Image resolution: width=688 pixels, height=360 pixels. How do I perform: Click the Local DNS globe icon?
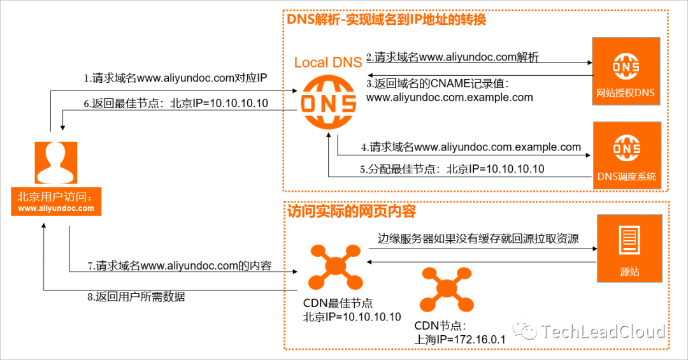pyautogui.click(x=327, y=103)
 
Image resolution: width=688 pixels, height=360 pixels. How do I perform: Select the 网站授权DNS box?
pyautogui.click(x=625, y=71)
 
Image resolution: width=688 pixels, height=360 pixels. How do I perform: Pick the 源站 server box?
pyautogui.click(x=629, y=248)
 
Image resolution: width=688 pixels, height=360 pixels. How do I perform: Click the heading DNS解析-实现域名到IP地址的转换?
pyautogui.click(x=387, y=20)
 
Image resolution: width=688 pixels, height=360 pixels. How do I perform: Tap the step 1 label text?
pyautogui.click(x=175, y=79)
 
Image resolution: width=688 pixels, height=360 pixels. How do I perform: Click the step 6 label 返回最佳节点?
pyautogui.click(x=176, y=103)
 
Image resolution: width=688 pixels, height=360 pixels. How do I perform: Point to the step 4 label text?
pyautogui.click(x=471, y=147)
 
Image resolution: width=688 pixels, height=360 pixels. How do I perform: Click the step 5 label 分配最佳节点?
pyautogui.click(x=452, y=169)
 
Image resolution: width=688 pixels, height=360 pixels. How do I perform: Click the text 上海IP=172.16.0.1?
pyautogui.click(x=459, y=339)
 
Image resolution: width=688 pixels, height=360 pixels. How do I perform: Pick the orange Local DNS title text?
pyautogui.click(x=328, y=62)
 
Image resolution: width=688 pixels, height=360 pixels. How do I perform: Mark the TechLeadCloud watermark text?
pyautogui.click(x=601, y=331)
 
